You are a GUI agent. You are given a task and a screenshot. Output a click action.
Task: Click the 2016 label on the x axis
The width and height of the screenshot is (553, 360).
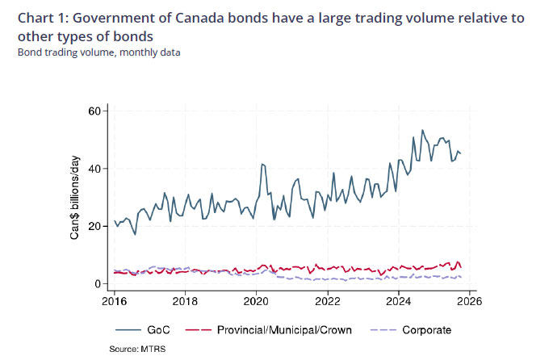115,302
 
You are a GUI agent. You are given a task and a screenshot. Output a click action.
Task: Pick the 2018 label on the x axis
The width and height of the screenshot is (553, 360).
186,302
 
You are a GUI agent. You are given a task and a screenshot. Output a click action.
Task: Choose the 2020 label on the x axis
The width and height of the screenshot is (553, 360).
257,302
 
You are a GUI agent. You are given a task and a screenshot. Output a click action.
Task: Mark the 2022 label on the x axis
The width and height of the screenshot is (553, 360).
328,302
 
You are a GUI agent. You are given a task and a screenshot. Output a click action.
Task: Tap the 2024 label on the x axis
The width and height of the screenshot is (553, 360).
399,302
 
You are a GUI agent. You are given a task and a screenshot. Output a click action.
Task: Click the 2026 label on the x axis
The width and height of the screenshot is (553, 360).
469,302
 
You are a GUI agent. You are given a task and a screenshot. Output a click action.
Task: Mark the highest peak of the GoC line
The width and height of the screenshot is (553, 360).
422,130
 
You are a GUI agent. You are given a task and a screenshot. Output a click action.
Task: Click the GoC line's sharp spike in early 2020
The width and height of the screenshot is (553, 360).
262,164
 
